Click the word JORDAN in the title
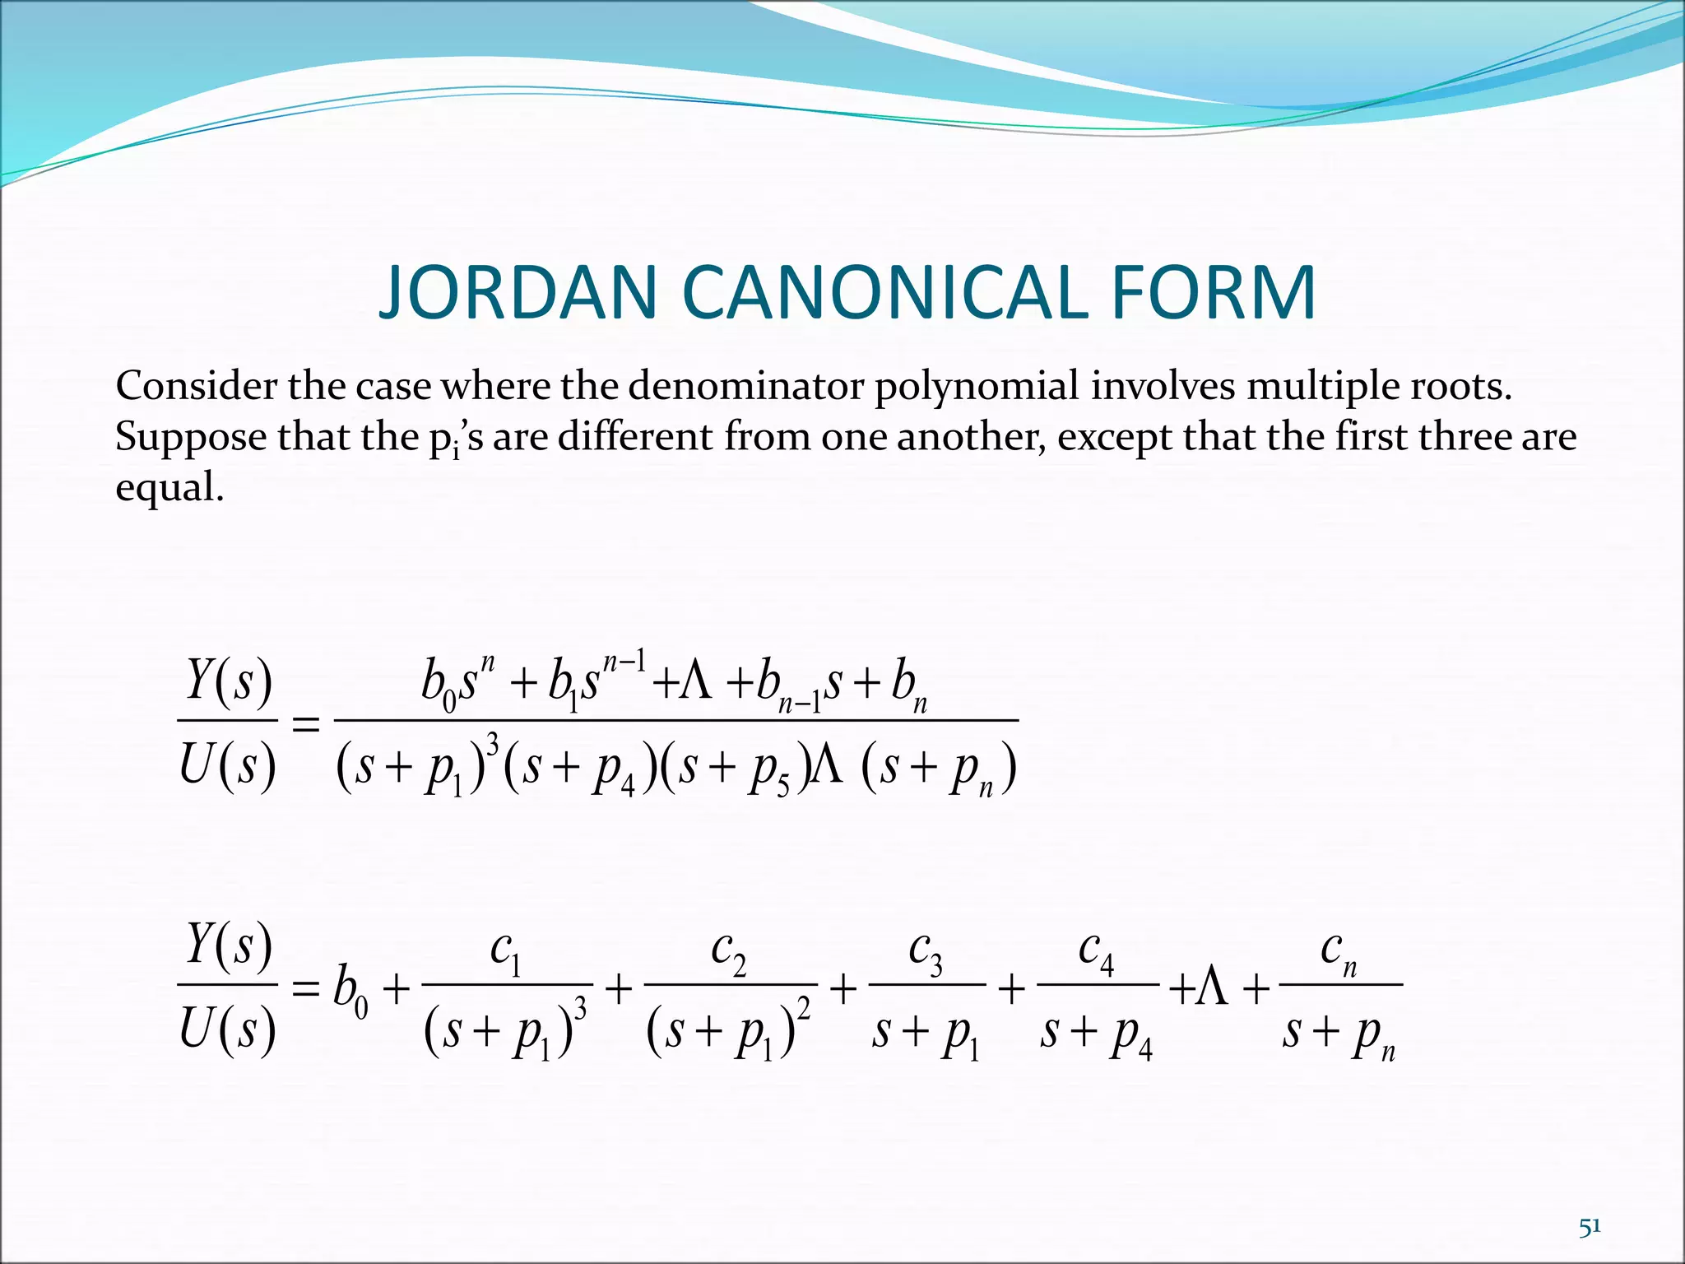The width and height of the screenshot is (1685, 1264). (x=518, y=293)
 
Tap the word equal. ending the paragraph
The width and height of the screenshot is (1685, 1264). (x=169, y=488)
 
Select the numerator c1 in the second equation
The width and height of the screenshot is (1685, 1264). (x=506, y=953)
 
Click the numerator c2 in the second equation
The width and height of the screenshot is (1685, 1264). (x=729, y=953)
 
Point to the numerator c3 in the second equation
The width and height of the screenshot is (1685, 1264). (x=926, y=953)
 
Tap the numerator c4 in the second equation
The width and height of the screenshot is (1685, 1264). (x=1097, y=953)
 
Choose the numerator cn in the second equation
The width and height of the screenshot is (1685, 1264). (x=1339, y=953)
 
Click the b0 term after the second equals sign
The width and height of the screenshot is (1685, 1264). (x=350, y=990)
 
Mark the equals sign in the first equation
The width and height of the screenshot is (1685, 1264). (x=306, y=724)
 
